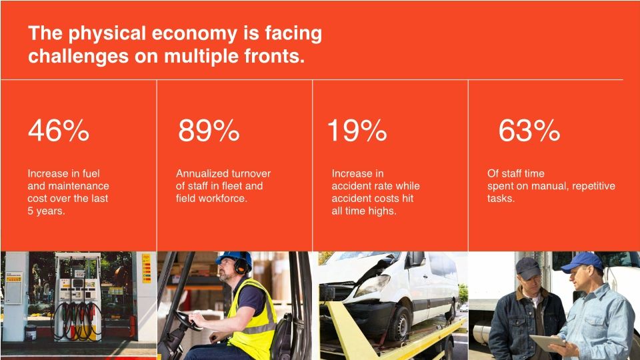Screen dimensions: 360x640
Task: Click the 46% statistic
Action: point(58,132)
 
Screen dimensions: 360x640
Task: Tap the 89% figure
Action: point(208,132)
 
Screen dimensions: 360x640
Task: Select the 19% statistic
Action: point(356,132)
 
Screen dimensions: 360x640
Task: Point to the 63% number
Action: point(529,132)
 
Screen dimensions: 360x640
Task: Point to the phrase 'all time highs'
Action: point(364,211)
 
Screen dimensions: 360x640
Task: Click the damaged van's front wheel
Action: point(401,323)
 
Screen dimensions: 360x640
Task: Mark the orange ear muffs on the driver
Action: point(241,266)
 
